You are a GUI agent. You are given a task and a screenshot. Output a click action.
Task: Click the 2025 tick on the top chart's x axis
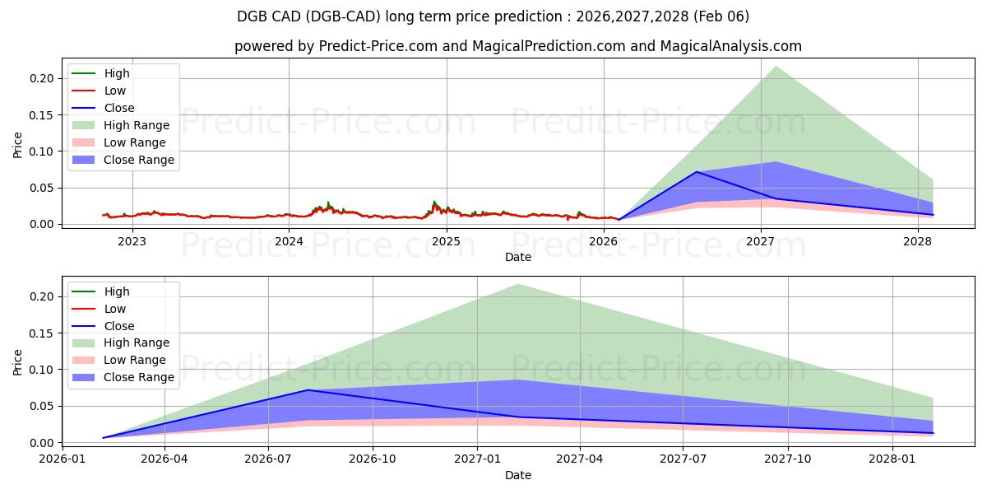tap(446, 241)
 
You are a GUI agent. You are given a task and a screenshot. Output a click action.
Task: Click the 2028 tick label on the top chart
tap(917, 241)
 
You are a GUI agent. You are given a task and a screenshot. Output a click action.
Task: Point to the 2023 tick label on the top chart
tap(132, 241)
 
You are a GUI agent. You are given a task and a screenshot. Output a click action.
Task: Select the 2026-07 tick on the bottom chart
tap(269, 459)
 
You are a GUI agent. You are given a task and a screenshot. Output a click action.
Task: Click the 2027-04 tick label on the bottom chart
tap(580, 459)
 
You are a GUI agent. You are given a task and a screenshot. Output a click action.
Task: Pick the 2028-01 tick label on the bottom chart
tap(892, 459)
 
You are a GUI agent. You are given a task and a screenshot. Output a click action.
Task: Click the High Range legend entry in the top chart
tap(137, 125)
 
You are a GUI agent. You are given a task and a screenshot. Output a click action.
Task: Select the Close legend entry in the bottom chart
tap(119, 326)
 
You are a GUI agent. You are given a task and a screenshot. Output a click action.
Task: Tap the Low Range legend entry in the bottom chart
tap(135, 360)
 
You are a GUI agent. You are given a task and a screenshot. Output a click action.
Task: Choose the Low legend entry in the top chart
tap(115, 91)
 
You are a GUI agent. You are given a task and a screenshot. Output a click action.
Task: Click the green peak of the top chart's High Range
tap(776, 67)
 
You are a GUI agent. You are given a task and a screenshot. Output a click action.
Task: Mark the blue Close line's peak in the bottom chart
tap(308, 390)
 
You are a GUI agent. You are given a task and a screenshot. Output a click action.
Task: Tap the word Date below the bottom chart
tap(518, 475)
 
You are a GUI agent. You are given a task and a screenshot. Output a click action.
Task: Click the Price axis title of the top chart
tap(18, 146)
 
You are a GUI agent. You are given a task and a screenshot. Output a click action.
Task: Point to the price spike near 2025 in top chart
tap(434, 202)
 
